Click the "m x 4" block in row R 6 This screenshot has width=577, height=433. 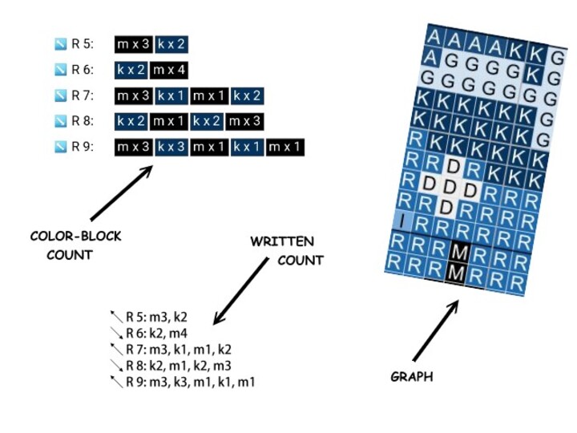point(169,70)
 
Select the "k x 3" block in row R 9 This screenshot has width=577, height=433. point(171,147)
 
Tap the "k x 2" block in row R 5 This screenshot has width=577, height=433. point(171,44)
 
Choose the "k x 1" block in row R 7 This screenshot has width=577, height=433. point(171,95)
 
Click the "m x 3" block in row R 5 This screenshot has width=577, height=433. point(133,44)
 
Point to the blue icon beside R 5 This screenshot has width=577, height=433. point(60,44)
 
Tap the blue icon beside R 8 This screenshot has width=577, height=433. point(60,121)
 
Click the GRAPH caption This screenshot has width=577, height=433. point(412,376)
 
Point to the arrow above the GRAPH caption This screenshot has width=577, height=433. point(436,330)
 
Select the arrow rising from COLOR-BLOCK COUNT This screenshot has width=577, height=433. point(120,193)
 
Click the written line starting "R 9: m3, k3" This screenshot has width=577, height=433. point(191,382)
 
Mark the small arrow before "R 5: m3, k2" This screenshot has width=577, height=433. point(116,315)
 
